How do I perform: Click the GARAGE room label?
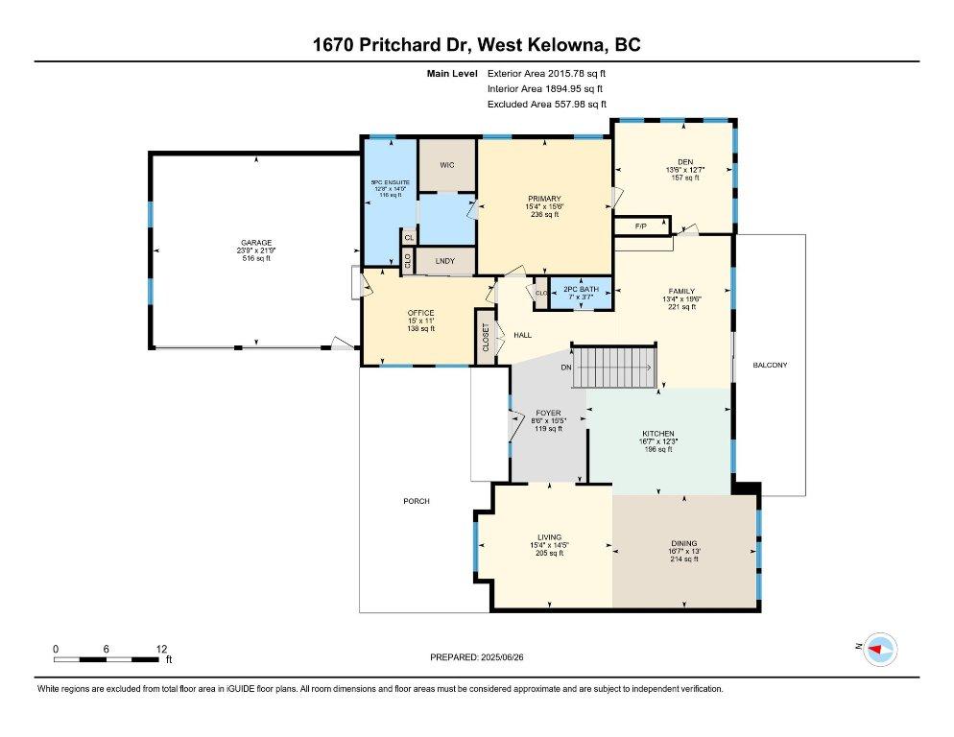click(256, 243)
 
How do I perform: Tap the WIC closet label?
click(446, 165)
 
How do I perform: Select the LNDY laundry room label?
click(444, 261)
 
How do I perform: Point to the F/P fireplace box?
click(642, 226)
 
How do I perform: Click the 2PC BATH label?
click(581, 289)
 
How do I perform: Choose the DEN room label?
click(685, 161)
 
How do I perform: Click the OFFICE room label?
click(420, 313)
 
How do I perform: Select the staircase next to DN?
click(615, 368)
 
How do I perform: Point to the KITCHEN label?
click(657, 434)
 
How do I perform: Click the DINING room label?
click(684, 543)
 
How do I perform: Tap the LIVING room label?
click(549, 537)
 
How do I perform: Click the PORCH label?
click(416, 501)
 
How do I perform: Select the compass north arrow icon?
click(878, 650)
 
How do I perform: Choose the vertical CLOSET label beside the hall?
click(486, 337)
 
